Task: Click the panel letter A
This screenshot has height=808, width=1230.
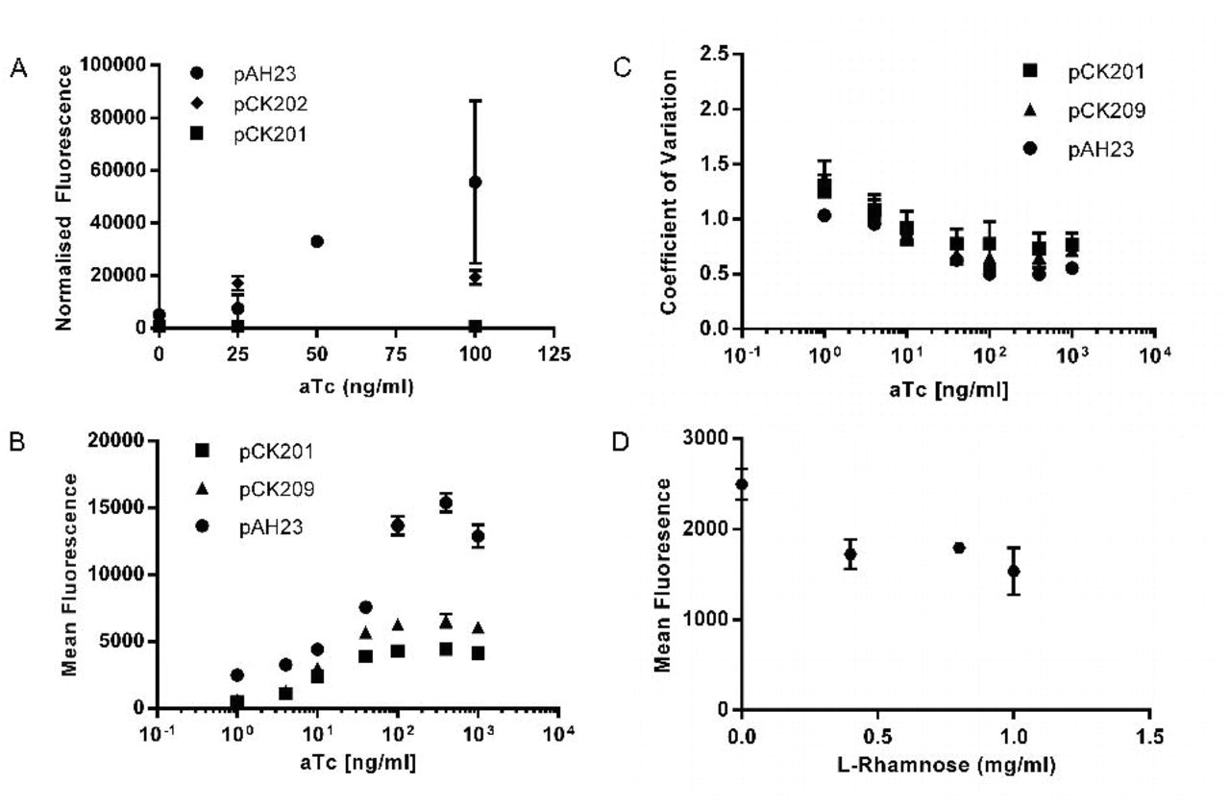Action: (16, 68)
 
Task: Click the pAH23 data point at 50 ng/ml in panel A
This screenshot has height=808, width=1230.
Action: (317, 241)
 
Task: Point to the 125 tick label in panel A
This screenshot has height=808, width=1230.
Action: (553, 354)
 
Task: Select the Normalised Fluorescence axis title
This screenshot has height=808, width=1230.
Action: (64, 198)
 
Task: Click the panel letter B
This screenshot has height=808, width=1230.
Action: (16, 445)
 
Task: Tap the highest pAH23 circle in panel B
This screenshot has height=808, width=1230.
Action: (446, 503)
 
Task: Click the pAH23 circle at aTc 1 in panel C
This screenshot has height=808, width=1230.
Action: (824, 215)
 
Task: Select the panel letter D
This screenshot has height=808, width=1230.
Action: (622, 445)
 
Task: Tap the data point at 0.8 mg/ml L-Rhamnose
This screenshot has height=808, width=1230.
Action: (959, 548)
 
